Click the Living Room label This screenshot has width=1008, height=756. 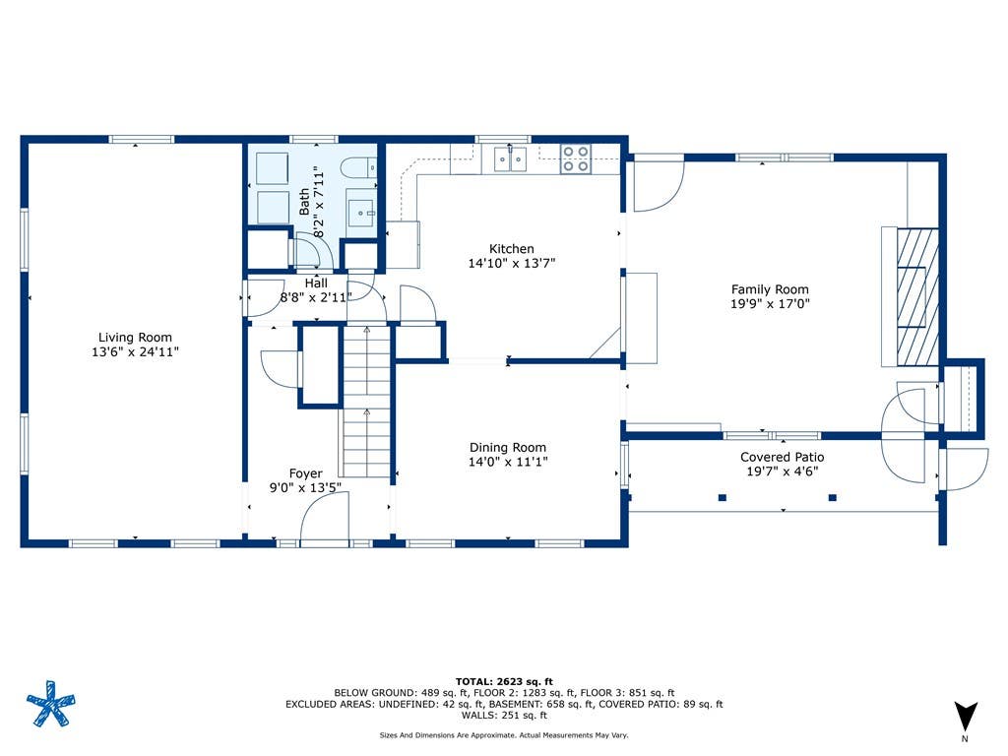click(135, 337)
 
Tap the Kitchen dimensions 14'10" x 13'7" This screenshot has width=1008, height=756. click(512, 263)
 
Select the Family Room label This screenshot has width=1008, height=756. click(770, 289)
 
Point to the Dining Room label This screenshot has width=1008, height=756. click(508, 448)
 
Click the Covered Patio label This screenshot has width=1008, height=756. click(782, 457)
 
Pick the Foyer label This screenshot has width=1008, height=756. click(305, 473)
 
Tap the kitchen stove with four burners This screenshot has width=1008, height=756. click(575, 158)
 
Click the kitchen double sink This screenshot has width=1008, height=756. click(511, 158)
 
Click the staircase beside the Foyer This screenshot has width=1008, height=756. click(366, 402)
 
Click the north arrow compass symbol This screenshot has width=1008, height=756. click(965, 718)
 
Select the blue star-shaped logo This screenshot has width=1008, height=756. click(51, 703)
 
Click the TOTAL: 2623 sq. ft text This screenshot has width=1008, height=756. click(504, 681)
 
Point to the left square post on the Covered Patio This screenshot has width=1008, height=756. click(722, 497)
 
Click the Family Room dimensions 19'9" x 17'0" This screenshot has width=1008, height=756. click(770, 303)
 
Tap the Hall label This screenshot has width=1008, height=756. click(316, 283)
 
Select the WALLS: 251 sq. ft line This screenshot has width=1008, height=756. click(504, 715)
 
